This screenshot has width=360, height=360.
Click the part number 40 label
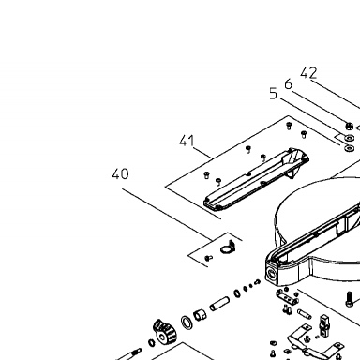120,173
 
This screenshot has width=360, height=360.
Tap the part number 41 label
187,141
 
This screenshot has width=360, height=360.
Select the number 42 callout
308,73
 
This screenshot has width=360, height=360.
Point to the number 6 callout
288,83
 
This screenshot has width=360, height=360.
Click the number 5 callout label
274,93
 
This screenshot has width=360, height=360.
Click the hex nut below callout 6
349,126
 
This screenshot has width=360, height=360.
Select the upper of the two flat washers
349,137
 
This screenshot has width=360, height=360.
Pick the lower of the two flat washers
349,147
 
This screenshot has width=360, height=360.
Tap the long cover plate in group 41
256,179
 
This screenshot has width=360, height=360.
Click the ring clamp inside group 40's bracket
228,247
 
